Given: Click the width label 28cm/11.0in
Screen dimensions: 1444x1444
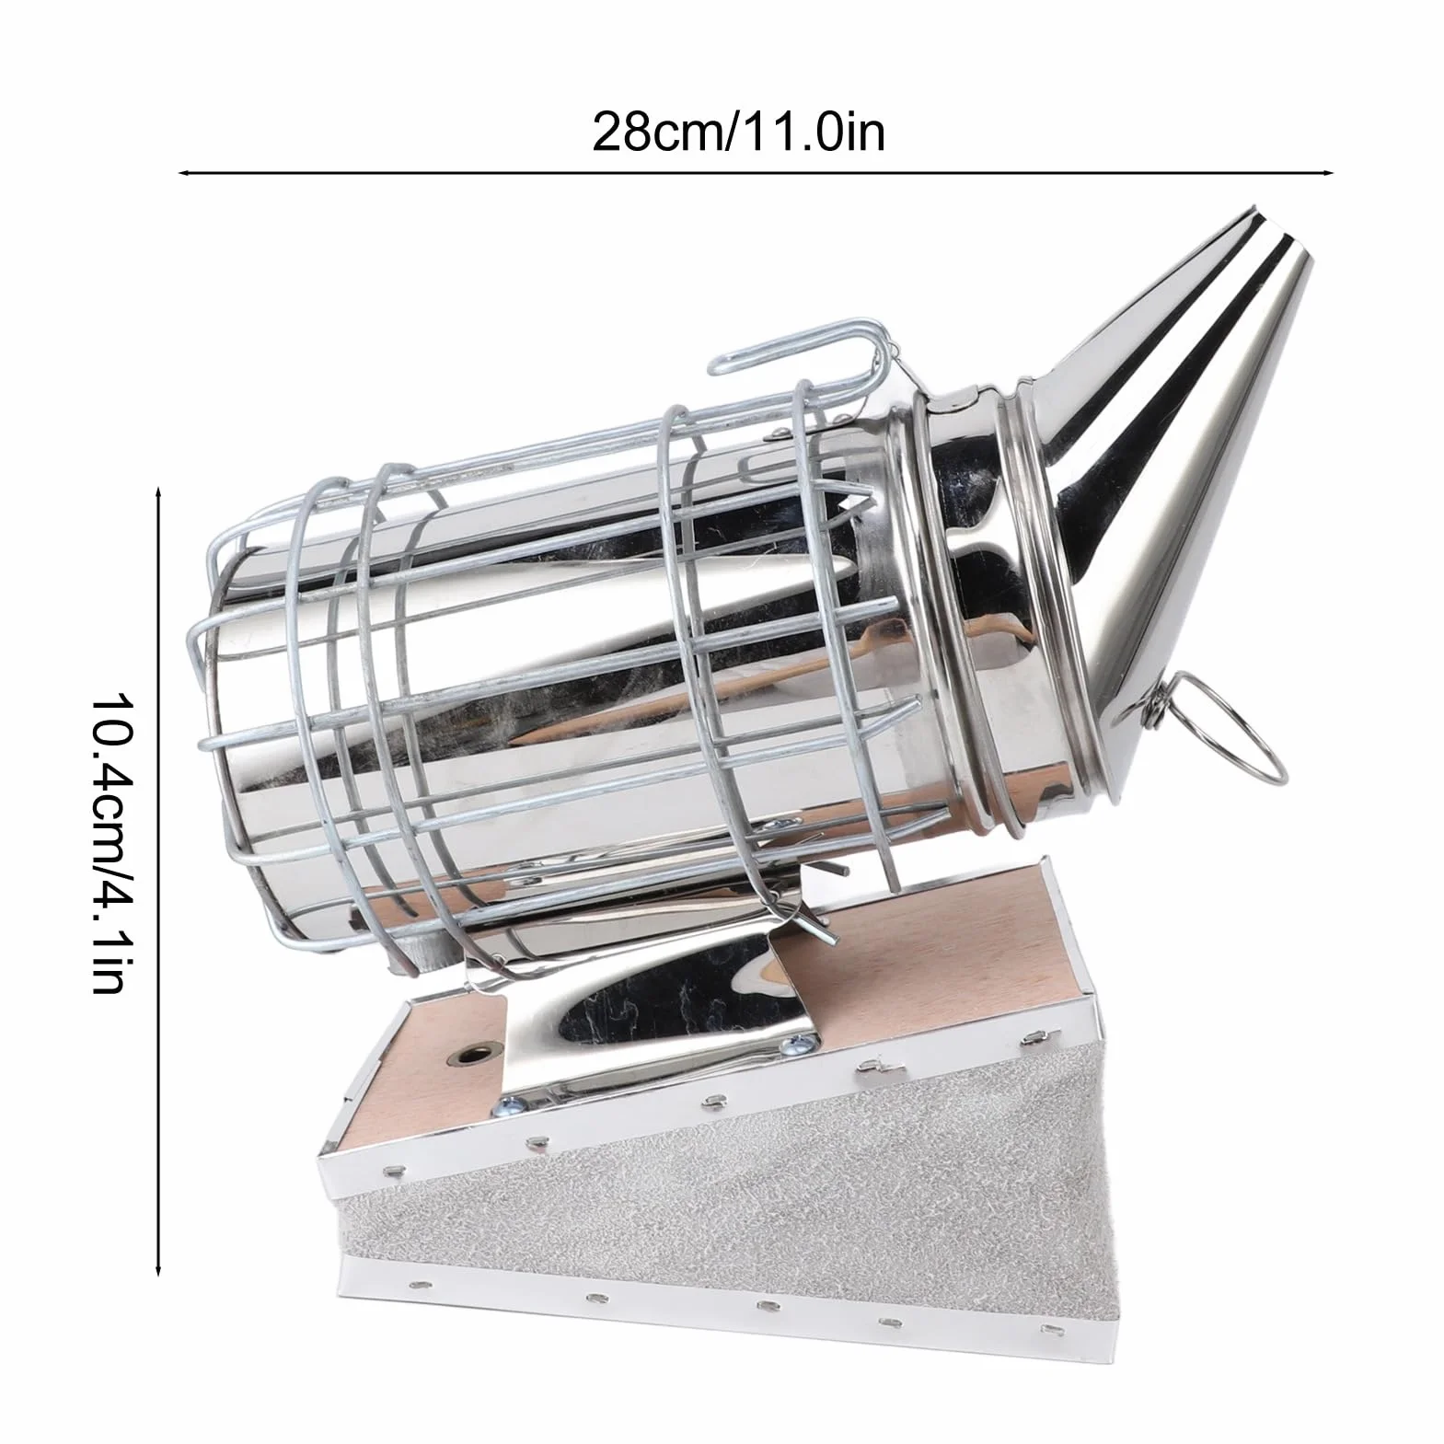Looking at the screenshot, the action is coord(737,132).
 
